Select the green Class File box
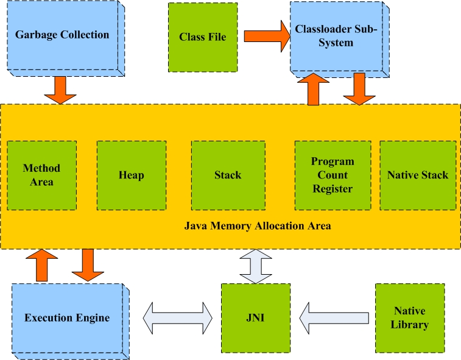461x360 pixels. point(202,37)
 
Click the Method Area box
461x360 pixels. point(41,175)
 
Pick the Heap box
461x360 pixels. point(131,175)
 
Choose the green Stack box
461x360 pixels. point(227,175)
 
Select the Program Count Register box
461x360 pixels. point(333,175)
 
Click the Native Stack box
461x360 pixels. point(417,175)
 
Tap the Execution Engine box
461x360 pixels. point(67,318)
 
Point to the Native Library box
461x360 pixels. point(410,318)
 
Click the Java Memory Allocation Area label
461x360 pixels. point(258,226)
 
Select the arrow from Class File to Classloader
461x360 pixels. point(266,37)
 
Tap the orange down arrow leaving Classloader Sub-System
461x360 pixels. point(359,89)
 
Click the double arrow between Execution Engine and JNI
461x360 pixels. point(177,318)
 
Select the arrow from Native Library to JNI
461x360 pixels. point(334,318)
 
